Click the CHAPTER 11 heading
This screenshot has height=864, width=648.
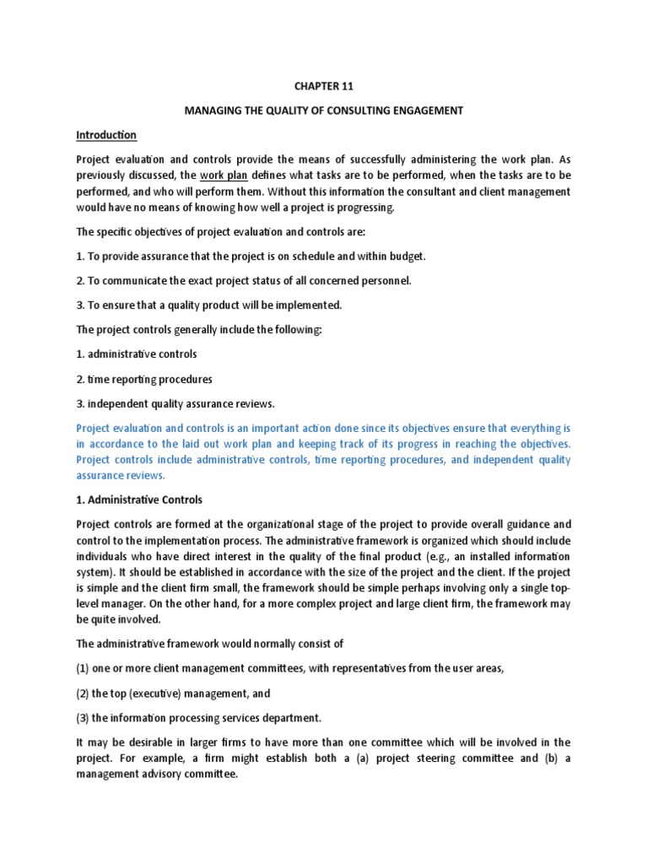(x=324, y=85)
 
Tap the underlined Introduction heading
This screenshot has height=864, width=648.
(x=106, y=135)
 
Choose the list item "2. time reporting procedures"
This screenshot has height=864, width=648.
(x=144, y=379)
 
